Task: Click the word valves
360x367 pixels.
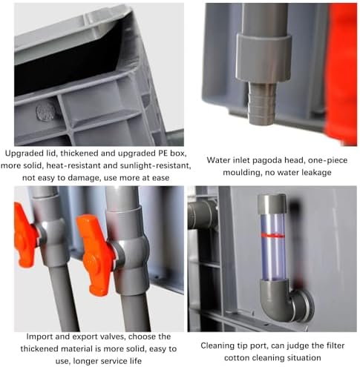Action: [102, 337]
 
